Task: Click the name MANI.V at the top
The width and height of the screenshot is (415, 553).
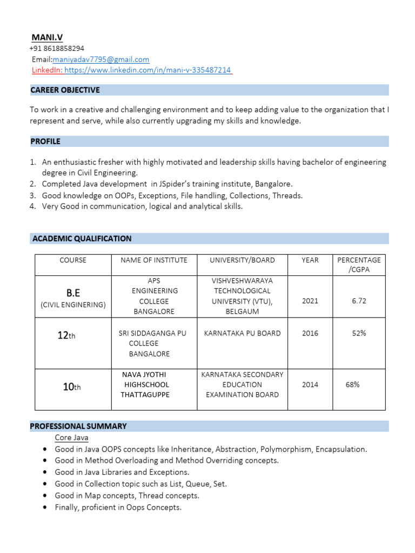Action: click(47, 37)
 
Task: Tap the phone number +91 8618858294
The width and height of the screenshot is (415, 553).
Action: click(57, 48)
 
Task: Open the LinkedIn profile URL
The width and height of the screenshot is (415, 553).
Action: click(148, 70)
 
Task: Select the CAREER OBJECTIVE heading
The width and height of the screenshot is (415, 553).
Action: click(65, 90)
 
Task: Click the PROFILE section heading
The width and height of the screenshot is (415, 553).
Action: click(45, 141)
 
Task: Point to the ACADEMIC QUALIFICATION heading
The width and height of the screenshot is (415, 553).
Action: click(82, 238)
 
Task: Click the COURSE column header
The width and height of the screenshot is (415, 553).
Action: click(73, 260)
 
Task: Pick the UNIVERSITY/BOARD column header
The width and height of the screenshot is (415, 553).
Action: click(242, 260)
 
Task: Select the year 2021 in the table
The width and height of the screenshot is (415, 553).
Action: click(310, 301)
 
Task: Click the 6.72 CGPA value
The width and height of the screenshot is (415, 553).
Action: click(359, 301)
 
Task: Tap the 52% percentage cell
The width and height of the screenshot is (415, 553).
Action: click(359, 333)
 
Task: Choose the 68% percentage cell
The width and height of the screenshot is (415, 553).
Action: click(353, 385)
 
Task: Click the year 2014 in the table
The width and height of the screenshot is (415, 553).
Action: click(310, 385)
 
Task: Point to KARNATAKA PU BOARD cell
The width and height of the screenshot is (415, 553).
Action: click(242, 333)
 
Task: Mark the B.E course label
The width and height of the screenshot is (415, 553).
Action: click(73, 293)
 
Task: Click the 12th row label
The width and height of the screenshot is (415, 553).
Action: click(66, 335)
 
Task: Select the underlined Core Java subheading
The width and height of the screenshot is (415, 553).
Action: click(71, 437)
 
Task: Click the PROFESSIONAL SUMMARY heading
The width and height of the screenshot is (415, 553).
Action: click(78, 426)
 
